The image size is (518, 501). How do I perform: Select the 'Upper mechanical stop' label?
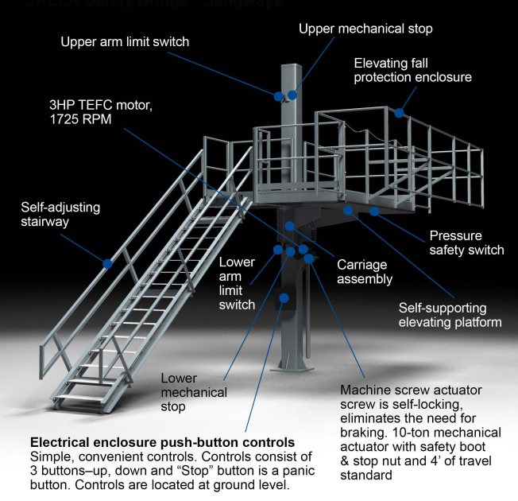(365, 29)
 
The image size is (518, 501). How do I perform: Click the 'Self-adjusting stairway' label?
(60, 215)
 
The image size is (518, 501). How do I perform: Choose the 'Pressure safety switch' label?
(466, 243)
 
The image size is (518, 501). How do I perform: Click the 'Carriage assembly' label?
(365, 272)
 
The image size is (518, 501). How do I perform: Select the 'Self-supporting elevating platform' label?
(450, 315)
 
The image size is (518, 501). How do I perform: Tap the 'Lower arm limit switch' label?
(237, 283)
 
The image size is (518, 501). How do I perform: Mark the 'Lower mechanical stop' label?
(194, 392)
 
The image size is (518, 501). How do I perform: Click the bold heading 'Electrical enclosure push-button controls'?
(162, 441)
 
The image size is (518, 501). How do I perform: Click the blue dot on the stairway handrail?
(106, 262)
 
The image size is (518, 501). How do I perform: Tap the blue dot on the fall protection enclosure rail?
(400, 113)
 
